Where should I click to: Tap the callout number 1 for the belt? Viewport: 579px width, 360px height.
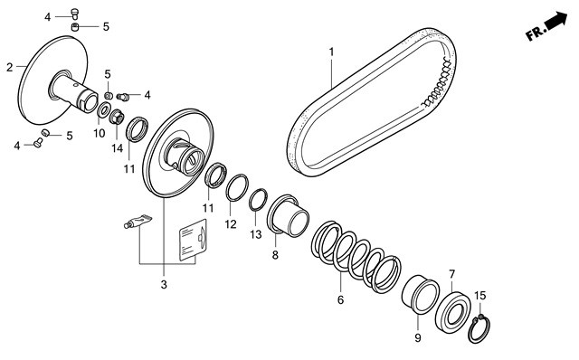331,52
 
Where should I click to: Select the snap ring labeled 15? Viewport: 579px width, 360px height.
480,328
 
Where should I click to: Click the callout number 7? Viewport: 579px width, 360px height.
452,274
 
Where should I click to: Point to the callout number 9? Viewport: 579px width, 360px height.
418,338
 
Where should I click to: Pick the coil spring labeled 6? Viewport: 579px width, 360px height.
356,256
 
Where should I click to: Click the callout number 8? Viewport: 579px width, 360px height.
275,255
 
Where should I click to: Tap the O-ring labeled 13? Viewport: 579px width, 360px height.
258,200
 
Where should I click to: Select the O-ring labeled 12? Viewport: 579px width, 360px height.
237,187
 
